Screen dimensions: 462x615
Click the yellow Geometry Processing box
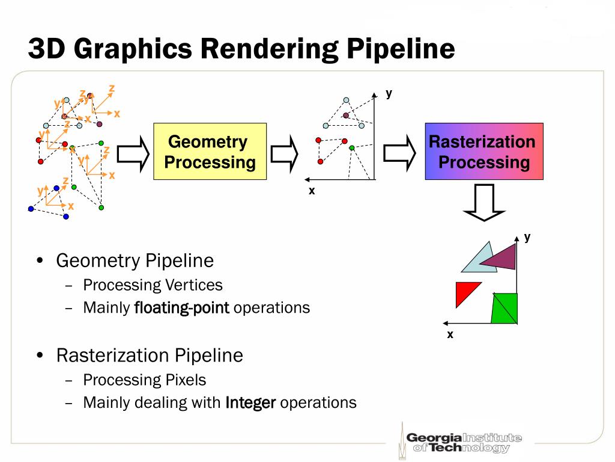(x=210, y=152)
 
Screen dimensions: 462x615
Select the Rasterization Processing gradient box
(x=484, y=152)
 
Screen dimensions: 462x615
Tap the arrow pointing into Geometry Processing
(x=132, y=153)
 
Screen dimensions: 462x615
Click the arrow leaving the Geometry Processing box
(x=285, y=153)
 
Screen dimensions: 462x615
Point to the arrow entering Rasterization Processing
(x=399, y=153)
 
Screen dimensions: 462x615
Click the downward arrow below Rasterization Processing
(x=484, y=203)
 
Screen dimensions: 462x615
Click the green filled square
(x=504, y=307)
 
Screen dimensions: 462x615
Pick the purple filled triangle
(x=502, y=257)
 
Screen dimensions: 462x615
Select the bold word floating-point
(x=181, y=308)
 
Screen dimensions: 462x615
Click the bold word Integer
(x=250, y=402)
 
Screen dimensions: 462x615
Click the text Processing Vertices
(x=153, y=285)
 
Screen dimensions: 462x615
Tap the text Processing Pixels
(x=144, y=380)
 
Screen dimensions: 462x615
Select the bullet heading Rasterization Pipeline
(x=150, y=356)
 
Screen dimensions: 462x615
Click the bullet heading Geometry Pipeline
(x=135, y=260)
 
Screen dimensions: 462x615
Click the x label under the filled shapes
(x=450, y=334)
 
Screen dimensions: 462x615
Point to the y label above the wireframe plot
(x=389, y=93)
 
